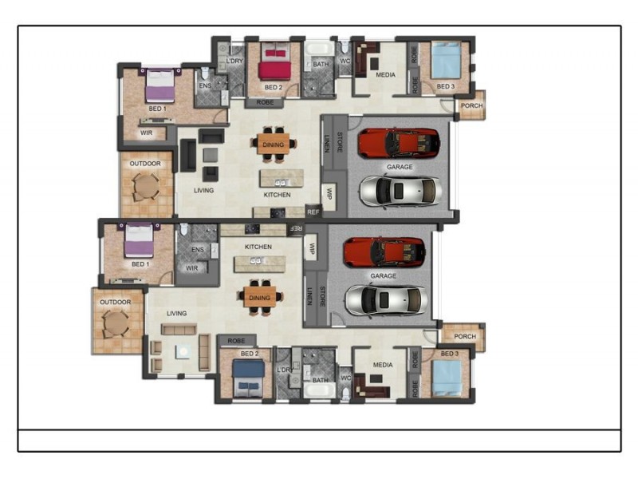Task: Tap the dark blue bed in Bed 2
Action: click(248, 378)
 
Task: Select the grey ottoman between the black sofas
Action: click(211, 155)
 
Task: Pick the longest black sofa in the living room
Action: click(188, 155)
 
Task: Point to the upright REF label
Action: click(313, 212)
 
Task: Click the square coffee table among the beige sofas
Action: click(183, 350)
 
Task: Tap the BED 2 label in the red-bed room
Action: click(273, 87)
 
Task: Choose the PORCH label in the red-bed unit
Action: click(471, 105)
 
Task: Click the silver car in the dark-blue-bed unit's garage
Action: click(386, 301)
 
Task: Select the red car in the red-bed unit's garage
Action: click(399, 143)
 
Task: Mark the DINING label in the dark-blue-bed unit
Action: click(260, 298)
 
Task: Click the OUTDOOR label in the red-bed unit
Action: click(145, 164)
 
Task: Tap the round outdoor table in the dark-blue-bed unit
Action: click(116, 323)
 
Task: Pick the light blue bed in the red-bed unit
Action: click(447, 60)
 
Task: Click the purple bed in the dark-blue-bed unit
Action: click(139, 240)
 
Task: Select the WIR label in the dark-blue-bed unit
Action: click(191, 268)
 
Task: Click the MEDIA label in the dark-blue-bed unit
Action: click(383, 365)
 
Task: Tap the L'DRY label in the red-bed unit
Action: click(234, 61)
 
